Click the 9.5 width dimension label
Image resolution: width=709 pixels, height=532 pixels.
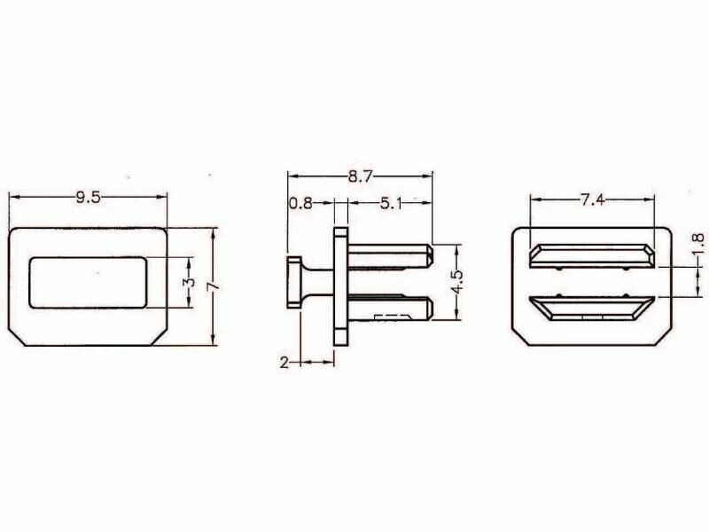pyautogui.click(x=88, y=197)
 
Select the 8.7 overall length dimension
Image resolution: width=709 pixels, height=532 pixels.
pyautogui.click(x=360, y=176)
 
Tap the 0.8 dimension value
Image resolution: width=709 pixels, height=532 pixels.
pyautogui.click(x=300, y=204)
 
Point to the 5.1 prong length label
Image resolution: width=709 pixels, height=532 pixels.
pyautogui.click(x=391, y=204)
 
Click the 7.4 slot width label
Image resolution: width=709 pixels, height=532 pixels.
pyautogui.click(x=592, y=199)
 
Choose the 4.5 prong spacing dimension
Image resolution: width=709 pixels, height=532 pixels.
pyautogui.click(x=457, y=282)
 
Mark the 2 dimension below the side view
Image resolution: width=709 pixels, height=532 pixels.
pyautogui.click(x=284, y=363)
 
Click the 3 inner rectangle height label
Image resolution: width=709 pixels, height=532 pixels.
pyautogui.click(x=191, y=282)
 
